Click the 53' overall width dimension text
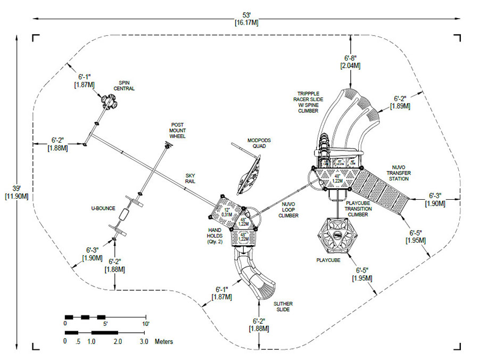[246, 18]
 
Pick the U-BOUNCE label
[103, 208]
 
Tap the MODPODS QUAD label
[259, 144]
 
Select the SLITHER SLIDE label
[283, 306]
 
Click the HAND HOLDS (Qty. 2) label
[217, 234]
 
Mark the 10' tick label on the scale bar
[145, 324]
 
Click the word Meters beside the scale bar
[164, 341]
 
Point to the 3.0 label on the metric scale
[144, 341]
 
